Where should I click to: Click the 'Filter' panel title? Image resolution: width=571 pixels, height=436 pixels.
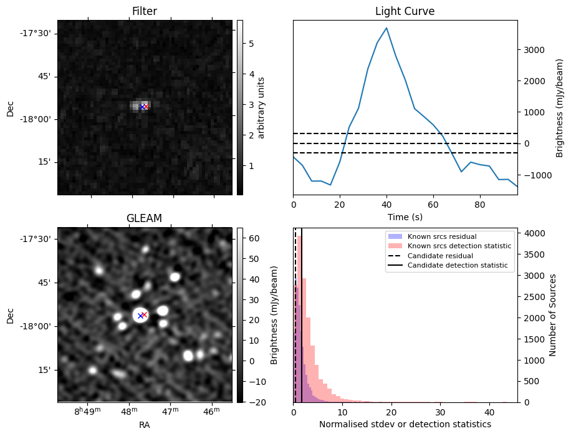click(144, 11)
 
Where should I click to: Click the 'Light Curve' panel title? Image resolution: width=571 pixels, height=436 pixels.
click(405, 11)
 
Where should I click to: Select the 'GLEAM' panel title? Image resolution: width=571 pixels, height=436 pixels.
click(144, 218)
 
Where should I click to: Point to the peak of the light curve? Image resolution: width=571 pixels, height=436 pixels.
click(386, 28)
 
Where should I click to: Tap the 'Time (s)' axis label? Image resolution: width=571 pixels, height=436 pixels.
click(405, 216)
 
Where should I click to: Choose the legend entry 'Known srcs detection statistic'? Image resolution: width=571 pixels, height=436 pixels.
click(459, 246)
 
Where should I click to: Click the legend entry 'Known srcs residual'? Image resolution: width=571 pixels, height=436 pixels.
click(441, 237)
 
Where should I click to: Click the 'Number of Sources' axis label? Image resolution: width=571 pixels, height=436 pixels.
click(552, 315)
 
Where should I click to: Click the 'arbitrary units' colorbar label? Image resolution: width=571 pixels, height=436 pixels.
click(261, 107)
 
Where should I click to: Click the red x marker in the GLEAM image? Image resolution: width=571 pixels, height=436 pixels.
click(144, 314)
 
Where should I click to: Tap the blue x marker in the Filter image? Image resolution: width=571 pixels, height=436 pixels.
click(142, 107)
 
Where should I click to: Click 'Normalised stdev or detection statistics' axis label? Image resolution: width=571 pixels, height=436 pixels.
click(405, 424)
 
